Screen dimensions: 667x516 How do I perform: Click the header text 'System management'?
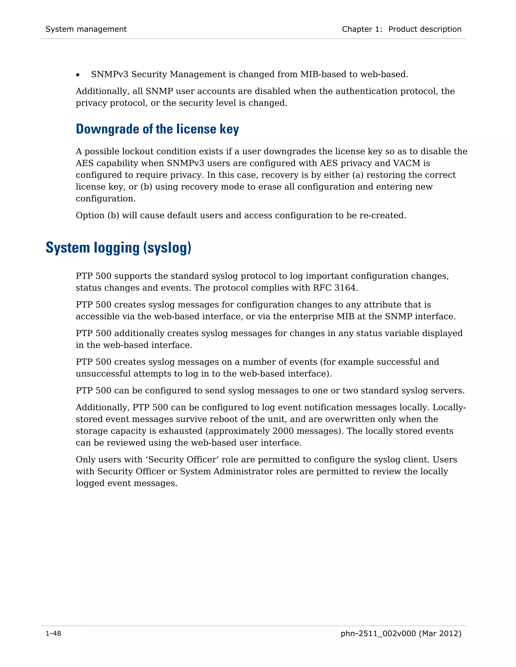(x=86, y=29)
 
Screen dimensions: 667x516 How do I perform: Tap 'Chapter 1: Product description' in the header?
(x=401, y=29)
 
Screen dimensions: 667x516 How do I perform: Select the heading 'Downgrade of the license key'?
(x=157, y=129)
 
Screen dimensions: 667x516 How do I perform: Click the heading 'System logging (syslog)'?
(x=118, y=248)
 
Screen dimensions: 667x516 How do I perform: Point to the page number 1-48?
(x=53, y=634)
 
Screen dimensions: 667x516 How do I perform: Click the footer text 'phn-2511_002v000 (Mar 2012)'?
(x=401, y=634)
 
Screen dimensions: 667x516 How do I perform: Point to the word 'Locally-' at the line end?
(x=449, y=407)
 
